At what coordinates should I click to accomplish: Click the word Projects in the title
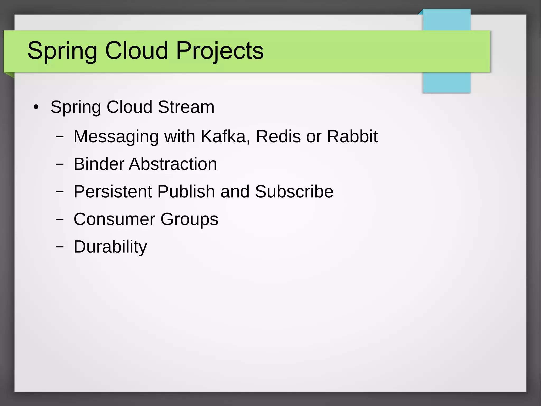(x=220, y=51)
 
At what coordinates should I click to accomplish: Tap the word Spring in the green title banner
(x=62, y=51)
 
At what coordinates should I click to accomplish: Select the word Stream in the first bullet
(x=186, y=107)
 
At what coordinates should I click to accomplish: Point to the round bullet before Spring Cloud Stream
(x=36, y=107)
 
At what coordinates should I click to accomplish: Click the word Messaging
(x=116, y=137)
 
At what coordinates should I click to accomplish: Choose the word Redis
(x=278, y=136)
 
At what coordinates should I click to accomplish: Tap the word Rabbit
(x=352, y=136)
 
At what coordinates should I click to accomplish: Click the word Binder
(x=98, y=164)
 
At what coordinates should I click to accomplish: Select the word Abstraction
(x=173, y=164)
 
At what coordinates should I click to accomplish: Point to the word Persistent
(x=113, y=191)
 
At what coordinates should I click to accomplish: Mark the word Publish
(x=186, y=191)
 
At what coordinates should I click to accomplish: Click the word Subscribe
(x=294, y=191)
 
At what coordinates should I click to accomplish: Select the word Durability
(x=110, y=247)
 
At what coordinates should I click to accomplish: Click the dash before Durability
(x=60, y=247)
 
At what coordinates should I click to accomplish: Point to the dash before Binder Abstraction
(x=60, y=164)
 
